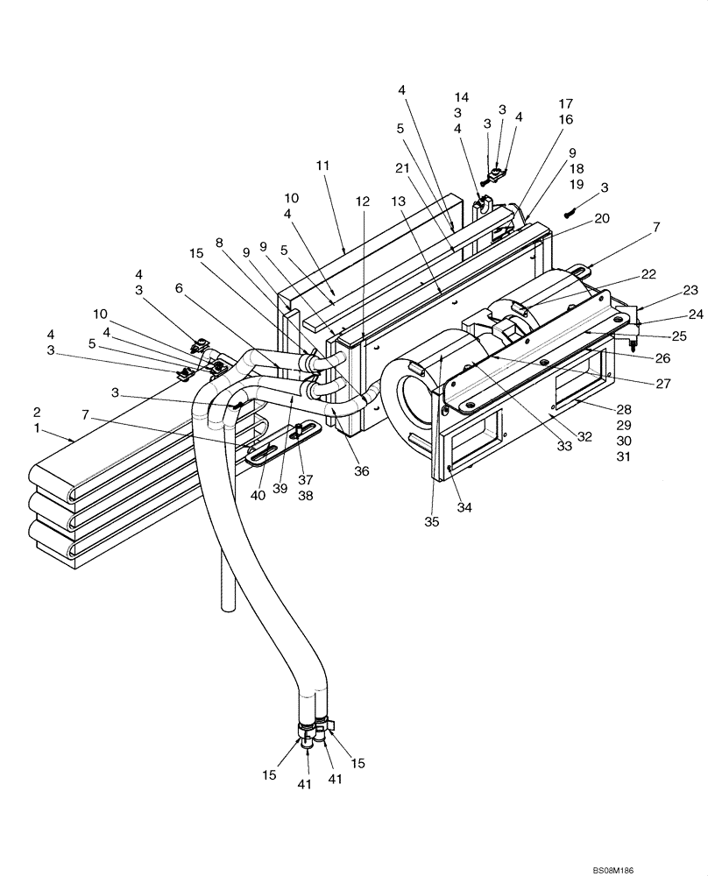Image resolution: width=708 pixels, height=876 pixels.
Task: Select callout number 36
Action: [362, 471]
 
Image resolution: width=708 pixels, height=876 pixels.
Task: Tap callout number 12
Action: [363, 201]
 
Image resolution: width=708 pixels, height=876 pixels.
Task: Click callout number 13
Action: [399, 201]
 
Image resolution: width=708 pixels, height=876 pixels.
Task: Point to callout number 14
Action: [462, 97]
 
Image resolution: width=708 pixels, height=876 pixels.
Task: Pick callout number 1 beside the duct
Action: [37, 429]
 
